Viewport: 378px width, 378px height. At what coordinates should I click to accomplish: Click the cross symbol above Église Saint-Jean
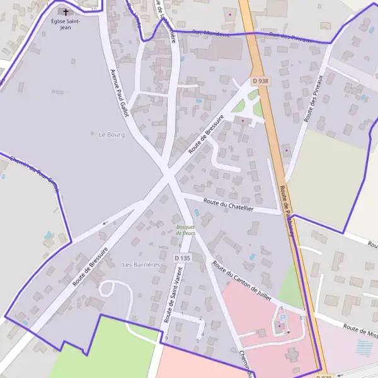pos(66,12)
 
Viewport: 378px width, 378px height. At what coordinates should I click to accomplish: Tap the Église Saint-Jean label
pos(66,24)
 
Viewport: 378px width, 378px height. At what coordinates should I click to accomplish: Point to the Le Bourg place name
pos(112,135)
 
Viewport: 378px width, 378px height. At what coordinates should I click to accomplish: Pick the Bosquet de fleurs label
pos(186,229)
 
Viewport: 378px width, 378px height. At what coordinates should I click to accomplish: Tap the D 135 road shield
pos(182,258)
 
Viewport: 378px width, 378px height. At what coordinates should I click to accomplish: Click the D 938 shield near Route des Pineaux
pos(260,81)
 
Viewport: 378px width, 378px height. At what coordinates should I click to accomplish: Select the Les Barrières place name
pos(141,265)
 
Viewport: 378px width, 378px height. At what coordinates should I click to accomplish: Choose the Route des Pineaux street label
pos(313,98)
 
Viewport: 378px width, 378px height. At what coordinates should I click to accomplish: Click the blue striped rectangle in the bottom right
pos(364,347)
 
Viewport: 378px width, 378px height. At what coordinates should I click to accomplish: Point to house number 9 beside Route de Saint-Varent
pos(166,338)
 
